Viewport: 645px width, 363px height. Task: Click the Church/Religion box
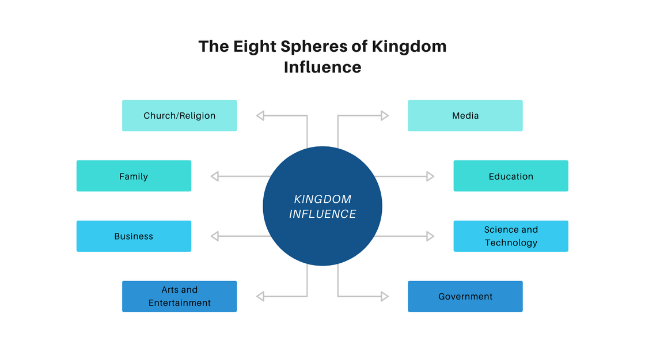pyautogui.click(x=179, y=116)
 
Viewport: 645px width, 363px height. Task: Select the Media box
pyautogui.click(x=465, y=116)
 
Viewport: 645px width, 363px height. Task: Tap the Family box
pyautogui.click(x=134, y=176)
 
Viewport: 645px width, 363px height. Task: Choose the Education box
pyautogui.click(x=511, y=176)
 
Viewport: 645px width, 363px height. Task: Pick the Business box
pyautogui.click(x=134, y=236)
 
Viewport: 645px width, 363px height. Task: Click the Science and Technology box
pyautogui.click(x=511, y=236)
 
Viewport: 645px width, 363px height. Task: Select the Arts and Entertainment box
pyautogui.click(x=179, y=296)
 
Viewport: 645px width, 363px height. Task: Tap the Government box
pyautogui.click(x=465, y=296)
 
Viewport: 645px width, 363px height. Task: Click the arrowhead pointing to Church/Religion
pyautogui.click(x=260, y=116)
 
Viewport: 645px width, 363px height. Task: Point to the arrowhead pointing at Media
pyautogui.click(x=385, y=116)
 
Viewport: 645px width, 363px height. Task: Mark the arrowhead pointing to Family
pyautogui.click(x=215, y=176)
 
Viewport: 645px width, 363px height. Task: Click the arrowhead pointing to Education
pyautogui.click(x=430, y=176)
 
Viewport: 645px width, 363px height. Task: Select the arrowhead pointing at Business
pyautogui.click(x=215, y=236)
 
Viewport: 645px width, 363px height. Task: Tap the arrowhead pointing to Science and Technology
pyautogui.click(x=430, y=236)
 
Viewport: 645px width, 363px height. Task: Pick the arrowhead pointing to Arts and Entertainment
pyautogui.click(x=260, y=296)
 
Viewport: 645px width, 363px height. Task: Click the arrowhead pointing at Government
pyautogui.click(x=385, y=296)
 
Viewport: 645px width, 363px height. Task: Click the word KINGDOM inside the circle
pyautogui.click(x=322, y=199)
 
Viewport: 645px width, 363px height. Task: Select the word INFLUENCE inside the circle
pyautogui.click(x=322, y=214)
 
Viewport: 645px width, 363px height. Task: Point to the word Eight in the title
pyautogui.click(x=256, y=47)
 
